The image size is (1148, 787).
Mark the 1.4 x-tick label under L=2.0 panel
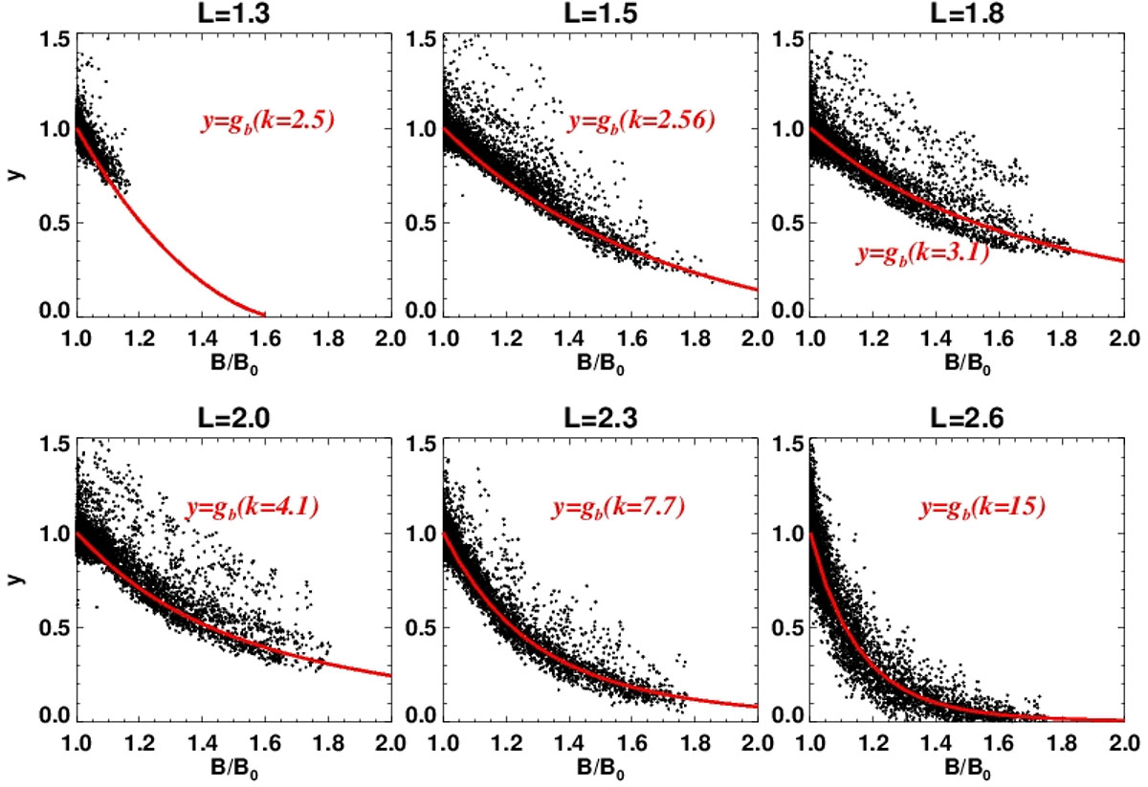(x=202, y=741)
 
